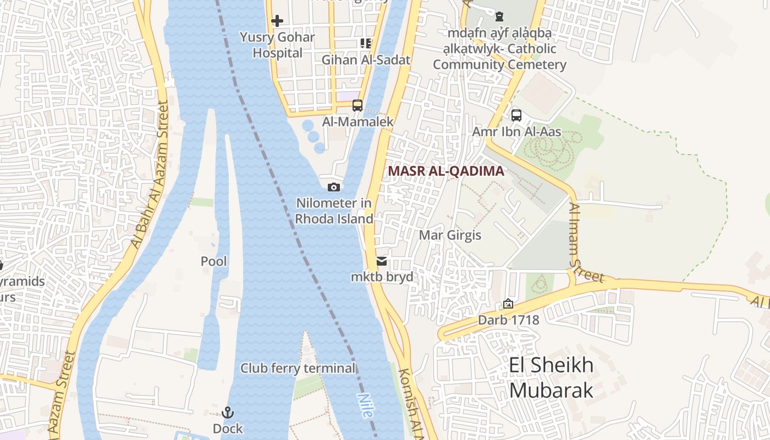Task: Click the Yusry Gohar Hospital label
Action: [x=277, y=45]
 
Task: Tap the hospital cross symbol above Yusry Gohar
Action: [x=277, y=21]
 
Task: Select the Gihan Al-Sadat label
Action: [x=366, y=60]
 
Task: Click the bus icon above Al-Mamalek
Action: [x=358, y=105]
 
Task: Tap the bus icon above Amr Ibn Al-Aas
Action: [x=516, y=115]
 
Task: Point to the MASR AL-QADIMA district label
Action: [x=446, y=171]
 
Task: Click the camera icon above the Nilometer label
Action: [x=333, y=187]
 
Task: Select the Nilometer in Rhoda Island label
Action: [x=334, y=211]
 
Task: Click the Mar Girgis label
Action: [x=450, y=235]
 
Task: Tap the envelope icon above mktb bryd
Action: [x=382, y=261]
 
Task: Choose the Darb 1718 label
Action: [x=508, y=320]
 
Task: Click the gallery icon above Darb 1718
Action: [x=508, y=304]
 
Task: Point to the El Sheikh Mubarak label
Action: [x=551, y=377]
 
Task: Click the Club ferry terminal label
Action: [x=298, y=368]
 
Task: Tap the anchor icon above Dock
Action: [x=228, y=413]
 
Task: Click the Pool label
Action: [x=213, y=261]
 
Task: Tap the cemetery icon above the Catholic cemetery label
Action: [x=499, y=16]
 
